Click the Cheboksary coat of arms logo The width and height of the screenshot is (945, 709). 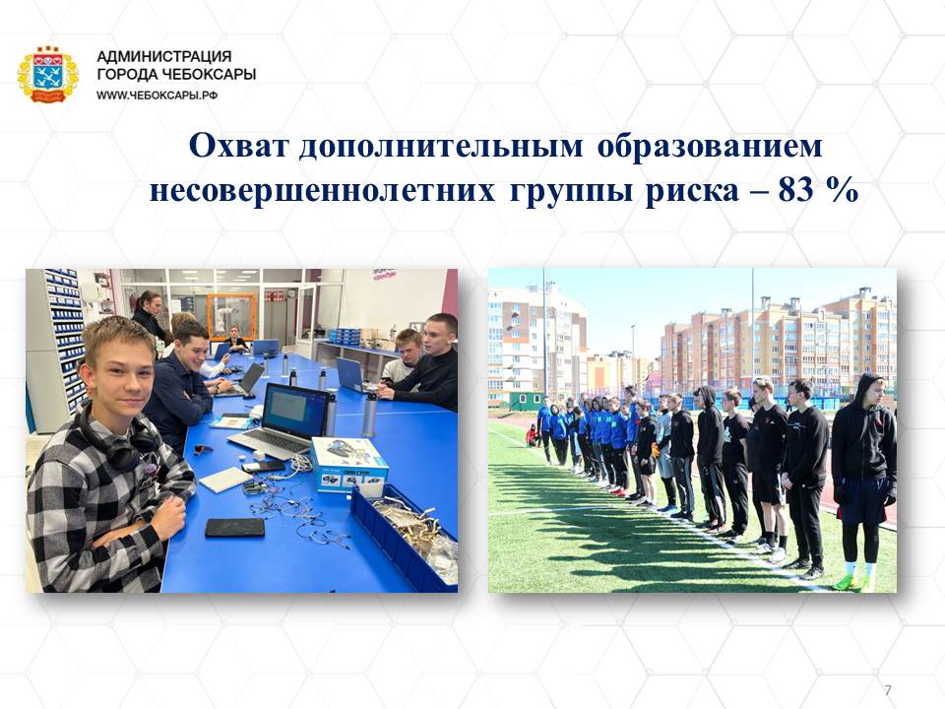pyautogui.click(x=47, y=75)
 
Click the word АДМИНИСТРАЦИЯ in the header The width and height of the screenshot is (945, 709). pyautogui.click(x=164, y=57)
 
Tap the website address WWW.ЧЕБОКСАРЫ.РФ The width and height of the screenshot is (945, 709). pyautogui.click(x=157, y=96)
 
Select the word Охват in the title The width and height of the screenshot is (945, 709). pyautogui.click(x=238, y=146)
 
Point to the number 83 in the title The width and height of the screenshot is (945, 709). pyautogui.click(x=795, y=190)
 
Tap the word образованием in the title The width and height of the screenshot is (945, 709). pyautogui.click(x=710, y=147)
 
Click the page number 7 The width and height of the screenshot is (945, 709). pyautogui.click(x=887, y=689)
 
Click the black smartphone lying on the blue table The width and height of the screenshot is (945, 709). pyautogui.click(x=234, y=528)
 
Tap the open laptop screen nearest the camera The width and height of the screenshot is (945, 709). pyautogui.click(x=287, y=410)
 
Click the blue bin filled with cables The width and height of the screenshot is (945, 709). pyautogui.click(x=404, y=537)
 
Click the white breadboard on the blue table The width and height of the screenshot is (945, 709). pyautogui.click(x=224, y=480)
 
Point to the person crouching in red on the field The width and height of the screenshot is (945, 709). pyautogui.click(x=532, y=435)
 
